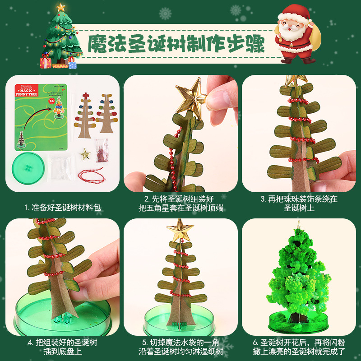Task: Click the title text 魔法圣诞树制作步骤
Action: (176, 43)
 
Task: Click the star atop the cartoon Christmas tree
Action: (61, 7)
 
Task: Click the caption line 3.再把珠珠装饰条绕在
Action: (299, 199)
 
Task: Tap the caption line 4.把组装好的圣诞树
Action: (62, 342)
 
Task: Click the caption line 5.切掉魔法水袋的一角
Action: (180, 342)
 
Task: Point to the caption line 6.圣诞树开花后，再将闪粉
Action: (299, 342)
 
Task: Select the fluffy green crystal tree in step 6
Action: (298, 271)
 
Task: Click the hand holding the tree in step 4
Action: (97, 266)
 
